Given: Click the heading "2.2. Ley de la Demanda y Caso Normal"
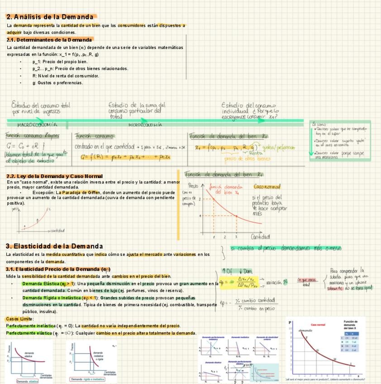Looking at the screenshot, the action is tap(54, 176).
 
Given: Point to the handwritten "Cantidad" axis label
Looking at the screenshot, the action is tap(261, 236).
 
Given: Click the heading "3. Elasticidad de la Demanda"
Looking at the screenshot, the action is tap(54, 246).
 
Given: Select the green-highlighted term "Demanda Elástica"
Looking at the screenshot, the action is tap(40, 283).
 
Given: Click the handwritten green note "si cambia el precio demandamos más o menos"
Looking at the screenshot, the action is tap(286, 249).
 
